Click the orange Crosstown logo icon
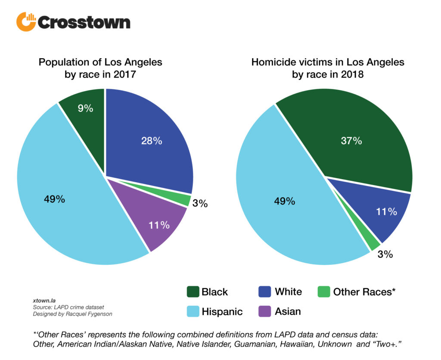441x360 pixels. click(26, 22)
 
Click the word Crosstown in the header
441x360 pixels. click(84, 22)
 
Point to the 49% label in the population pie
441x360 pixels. click(54, 199)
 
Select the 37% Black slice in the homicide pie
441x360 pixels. click(351, 140)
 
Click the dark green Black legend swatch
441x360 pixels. click(193, 292)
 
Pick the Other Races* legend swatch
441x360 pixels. click(324, 292)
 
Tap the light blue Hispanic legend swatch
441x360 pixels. click(193, 311)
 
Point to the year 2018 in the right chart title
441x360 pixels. click(352, 74)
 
